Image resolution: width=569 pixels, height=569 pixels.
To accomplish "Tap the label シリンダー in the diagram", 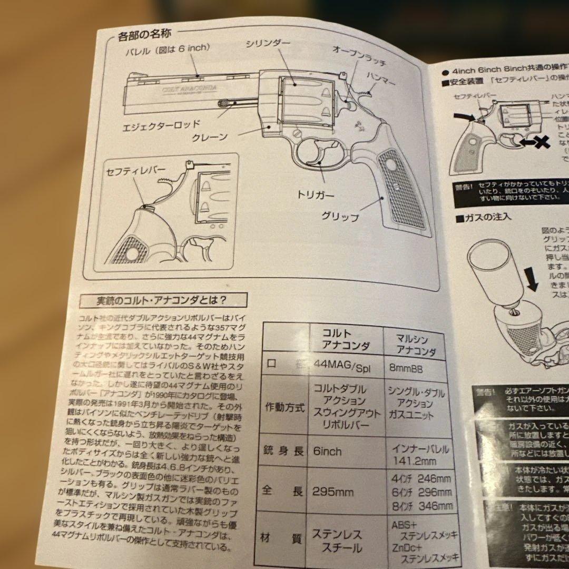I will pos(267,44).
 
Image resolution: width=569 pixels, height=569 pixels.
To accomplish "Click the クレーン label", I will pos(209,138).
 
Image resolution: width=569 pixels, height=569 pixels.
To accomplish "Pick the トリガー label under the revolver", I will pos(317,194).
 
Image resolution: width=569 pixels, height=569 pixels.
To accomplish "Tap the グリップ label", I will pos(340,217).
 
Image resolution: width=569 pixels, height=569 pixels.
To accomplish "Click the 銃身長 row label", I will pos(283,451).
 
